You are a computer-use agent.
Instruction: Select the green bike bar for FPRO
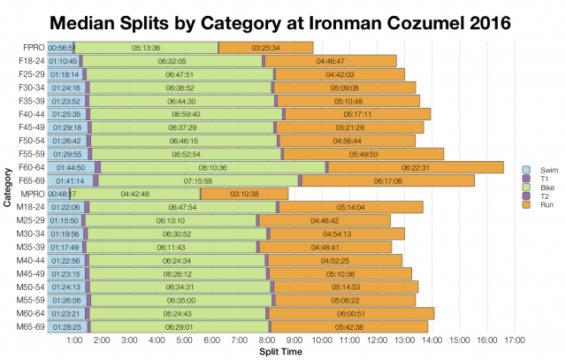[x=146, y=47]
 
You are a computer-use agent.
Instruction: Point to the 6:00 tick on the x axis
[x=211, y=340]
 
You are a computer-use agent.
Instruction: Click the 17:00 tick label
[x=515, y=340]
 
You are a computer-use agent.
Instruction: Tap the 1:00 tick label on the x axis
[x=74, y=340]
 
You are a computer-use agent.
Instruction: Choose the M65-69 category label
[x=31, y=327]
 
